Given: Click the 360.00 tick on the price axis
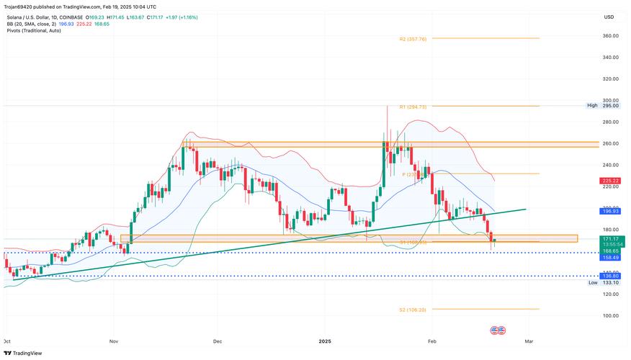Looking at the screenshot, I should click(611, 35).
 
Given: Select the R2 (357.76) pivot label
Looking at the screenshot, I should click(413, 39).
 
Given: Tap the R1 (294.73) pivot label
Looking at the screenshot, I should click(413, 107).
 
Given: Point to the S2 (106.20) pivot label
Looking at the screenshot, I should click(413, 310).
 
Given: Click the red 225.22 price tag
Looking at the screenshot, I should click(611, 180).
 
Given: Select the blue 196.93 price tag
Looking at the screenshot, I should click(611, 211).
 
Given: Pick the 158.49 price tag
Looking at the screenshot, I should click(611, 257).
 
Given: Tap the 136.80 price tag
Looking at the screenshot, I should click(611, 276).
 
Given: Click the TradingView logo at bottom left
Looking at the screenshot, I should click(24, 353).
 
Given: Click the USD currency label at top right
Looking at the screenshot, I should click(609, 17).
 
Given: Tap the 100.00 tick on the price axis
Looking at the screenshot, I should click(611, 315).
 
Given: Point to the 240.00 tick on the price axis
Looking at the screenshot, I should click(611, 165).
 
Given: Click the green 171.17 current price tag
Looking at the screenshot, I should click(611, 238).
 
